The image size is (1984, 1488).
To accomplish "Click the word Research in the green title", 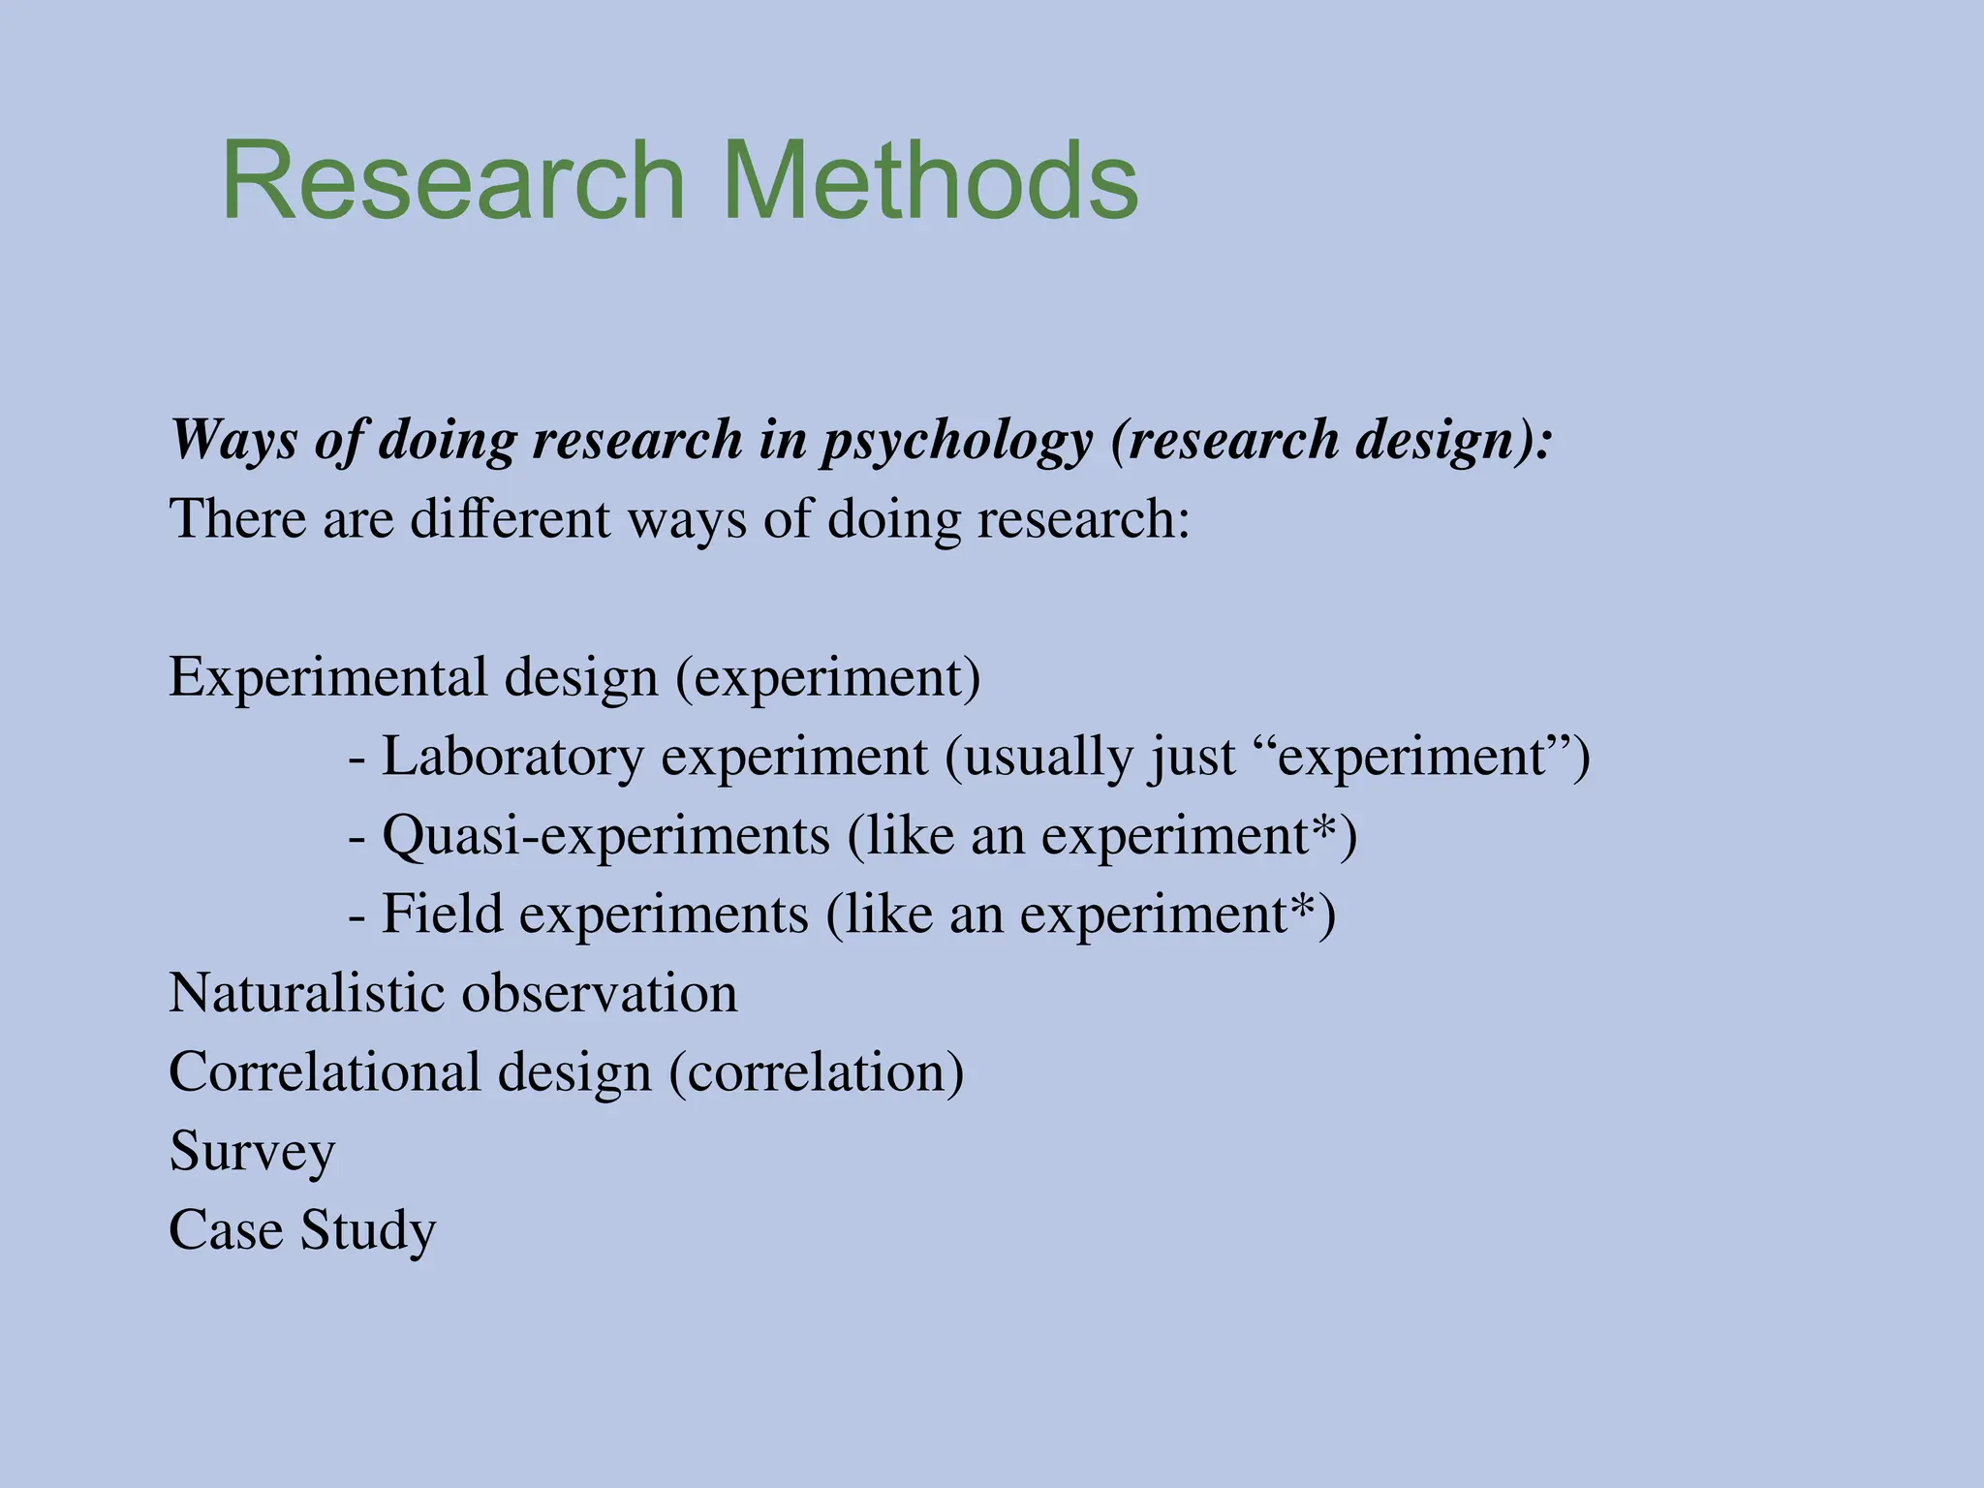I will pos(453,181).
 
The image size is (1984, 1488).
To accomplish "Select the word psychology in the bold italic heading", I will pos(956,441).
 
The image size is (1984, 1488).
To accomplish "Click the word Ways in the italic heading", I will pos(233,441).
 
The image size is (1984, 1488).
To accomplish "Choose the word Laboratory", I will pos(512,757).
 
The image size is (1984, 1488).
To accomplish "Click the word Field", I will pos(442,914).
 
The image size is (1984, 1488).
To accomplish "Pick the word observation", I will pos(600,993).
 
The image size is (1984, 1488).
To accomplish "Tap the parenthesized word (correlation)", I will pos(817,1072).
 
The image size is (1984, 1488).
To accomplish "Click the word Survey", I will pos(252,1152).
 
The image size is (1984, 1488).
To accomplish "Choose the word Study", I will pos(368,1230).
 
